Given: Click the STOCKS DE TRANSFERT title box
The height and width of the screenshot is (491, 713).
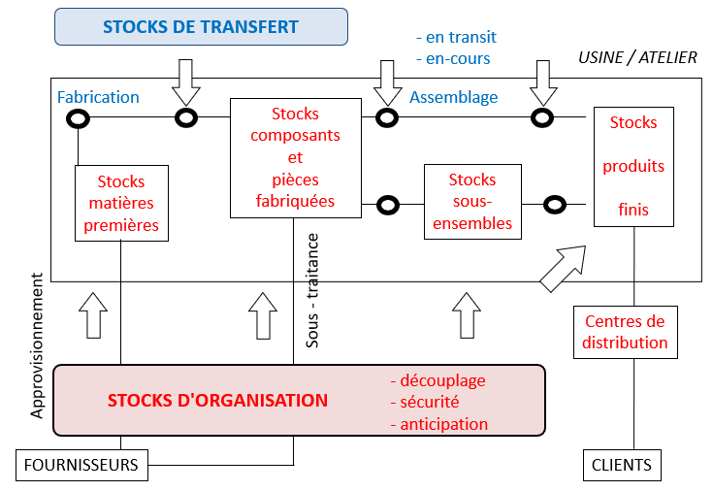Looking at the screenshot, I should coord(201,26).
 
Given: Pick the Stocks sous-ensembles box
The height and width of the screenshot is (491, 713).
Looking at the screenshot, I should coord(472,202).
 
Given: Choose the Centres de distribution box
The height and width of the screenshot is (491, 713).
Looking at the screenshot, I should coord(625,332).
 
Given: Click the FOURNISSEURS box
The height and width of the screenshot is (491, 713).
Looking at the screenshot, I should coord(81,465).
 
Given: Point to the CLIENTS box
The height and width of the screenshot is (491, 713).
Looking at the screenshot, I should coord(621,465).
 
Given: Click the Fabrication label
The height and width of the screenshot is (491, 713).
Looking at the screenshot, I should coord(98,97).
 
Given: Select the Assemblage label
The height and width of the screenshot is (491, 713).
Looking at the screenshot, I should coord(453,97).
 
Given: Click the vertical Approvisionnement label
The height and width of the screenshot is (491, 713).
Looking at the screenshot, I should coord(38,345).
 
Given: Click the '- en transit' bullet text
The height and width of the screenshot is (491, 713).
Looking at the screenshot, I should coord(455,37).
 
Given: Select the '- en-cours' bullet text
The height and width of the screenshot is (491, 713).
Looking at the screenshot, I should coord(452,58).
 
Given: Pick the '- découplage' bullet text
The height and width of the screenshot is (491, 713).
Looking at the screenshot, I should coord(437,381).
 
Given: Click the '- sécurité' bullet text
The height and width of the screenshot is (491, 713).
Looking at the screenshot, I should coord(424,403).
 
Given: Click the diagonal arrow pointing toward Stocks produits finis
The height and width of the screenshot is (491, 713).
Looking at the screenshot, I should coord(563,268).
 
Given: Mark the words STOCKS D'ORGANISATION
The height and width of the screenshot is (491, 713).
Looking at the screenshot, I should coord(217,401).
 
